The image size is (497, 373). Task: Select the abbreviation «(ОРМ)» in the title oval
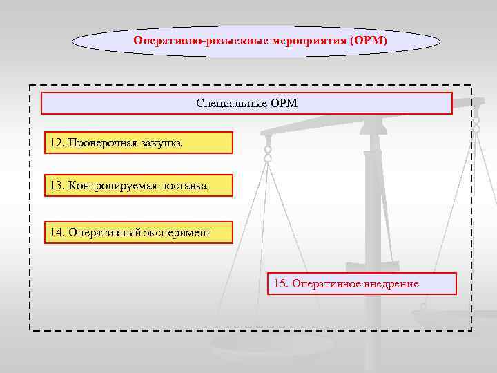[369, 41]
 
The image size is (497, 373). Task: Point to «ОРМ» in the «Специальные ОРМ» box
[284, 104]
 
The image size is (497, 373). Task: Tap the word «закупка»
[159, 143]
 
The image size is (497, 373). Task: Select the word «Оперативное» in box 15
[324, 284]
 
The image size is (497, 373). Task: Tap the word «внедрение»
[389, 284]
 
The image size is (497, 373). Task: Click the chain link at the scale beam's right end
[476, 124]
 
